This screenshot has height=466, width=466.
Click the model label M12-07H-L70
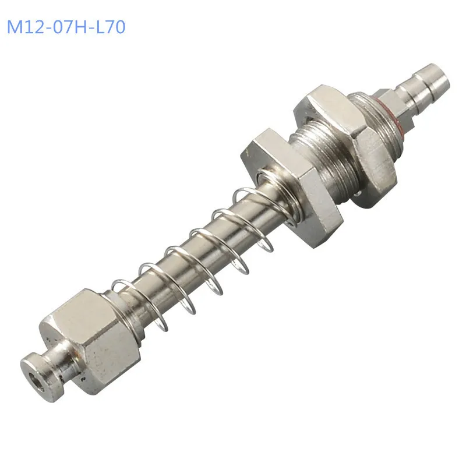pyautogui.click(x=66, y=27)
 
